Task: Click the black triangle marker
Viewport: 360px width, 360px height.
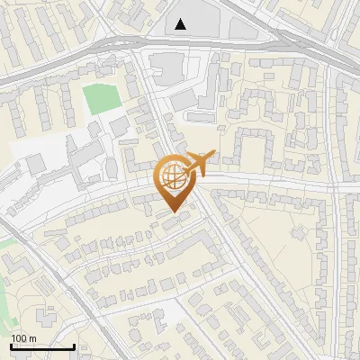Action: click(182, 24)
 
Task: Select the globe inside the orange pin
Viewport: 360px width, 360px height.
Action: click(172, 176)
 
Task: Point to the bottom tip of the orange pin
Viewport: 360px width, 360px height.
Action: click(172, 211)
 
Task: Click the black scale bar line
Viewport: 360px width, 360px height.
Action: click(42, 346)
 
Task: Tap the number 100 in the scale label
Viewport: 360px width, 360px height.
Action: click(18, 338)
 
